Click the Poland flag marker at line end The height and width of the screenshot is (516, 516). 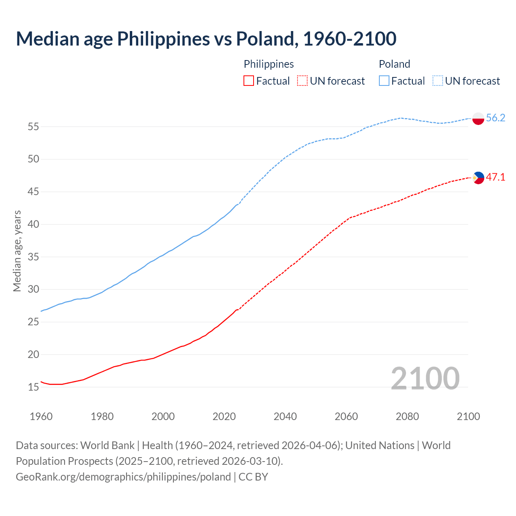(x=478, y=119)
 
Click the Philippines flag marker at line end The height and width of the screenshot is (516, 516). (x=478, y=177)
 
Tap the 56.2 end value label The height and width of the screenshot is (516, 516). (x=495, y=118)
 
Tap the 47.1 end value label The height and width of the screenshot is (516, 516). (x=495, y=177)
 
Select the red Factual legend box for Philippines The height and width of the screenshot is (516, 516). (x=249, y=81)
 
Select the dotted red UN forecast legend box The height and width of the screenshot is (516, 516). (x=302, y=81)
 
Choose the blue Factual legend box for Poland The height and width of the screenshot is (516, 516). (x=384, y=81)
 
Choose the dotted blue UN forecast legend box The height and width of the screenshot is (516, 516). (x=437, y=81)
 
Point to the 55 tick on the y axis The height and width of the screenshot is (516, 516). (x=33, y=127)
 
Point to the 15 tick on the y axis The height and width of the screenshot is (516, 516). (x=33, y=387)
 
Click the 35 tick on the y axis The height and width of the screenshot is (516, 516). (x=33, y=257)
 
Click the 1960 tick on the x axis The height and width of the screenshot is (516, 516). (x=41, y=416)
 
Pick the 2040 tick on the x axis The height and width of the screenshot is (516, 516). (x=285, y=416)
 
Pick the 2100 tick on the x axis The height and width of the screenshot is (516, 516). (x=468, y=416)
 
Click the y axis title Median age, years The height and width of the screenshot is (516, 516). (x=17, y=251)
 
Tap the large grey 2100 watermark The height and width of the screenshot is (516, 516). (x=425, y=378)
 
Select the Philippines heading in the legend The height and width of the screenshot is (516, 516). (x=268, y=64)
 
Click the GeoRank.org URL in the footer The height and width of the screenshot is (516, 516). (x=123, y=477)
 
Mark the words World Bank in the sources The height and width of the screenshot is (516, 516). (x=107, y=445)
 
